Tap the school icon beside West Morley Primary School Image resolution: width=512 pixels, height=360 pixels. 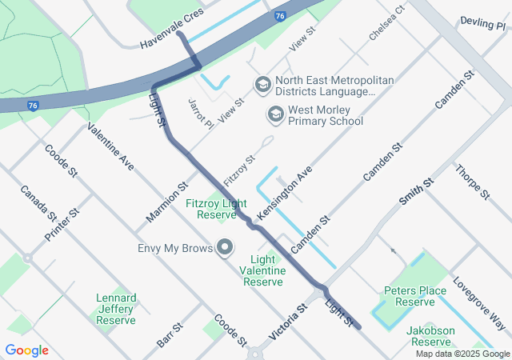click(x=275, y=115)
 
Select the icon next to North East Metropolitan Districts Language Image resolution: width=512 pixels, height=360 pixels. click(x=262, y=84)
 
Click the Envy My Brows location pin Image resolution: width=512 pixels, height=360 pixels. click(x=225, y=248)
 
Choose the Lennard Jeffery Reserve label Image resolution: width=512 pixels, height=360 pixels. click(x=116, y=309)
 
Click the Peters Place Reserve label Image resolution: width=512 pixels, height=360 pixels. click(x=414, y=296)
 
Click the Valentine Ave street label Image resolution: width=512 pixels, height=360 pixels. click(x=110, y=146)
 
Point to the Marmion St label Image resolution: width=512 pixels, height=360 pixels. click(x=166, y=204)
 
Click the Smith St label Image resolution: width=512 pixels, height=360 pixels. click(x=416, y=192)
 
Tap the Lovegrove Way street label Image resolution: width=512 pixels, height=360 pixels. click(x=478, y=303)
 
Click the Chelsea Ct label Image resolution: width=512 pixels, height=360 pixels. click(x=387, y=23)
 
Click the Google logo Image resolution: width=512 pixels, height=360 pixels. click(x=27, y=350)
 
